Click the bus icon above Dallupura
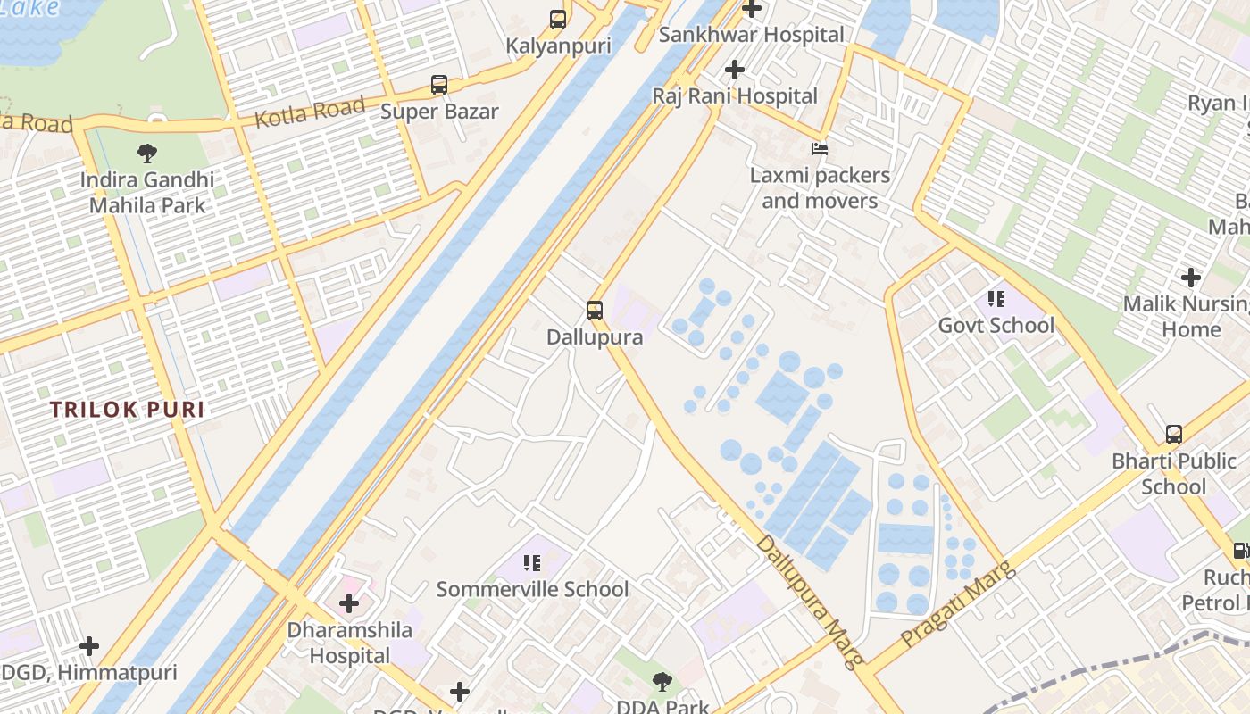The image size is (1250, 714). (x=595, y=311)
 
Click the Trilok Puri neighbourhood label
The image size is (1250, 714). (x=127, y=410)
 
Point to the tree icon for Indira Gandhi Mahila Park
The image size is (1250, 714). (x=147, y=154)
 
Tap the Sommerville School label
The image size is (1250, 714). (x=532, y=589)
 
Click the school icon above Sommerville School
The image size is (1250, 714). (x=532, y=562)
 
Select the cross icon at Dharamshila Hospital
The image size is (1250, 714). (x=349, y=603)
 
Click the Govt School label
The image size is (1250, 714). (x=996, y=325)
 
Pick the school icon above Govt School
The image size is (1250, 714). (x=996, y=298)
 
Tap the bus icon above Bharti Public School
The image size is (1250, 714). (x=1174, y=435)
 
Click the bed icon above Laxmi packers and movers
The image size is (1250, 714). (x=819, y=148)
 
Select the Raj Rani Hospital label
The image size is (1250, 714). (x=734, y=95)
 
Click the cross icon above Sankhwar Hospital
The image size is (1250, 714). (x=752, y=9)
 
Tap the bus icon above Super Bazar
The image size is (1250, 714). (x=439, y=85)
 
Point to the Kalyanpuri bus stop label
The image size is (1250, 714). (x=558, y=46)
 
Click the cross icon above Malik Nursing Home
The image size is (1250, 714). (x=1190, y=278)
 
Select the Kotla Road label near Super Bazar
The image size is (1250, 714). (x=310, y=112)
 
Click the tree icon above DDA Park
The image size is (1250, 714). (x=662, y=683)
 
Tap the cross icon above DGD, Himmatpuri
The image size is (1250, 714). (x=89, y=646)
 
